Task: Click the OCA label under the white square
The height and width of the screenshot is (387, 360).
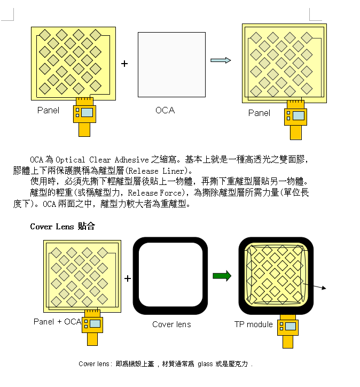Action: pos(165,110)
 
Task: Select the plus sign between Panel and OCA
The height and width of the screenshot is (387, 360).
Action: pos(124,64)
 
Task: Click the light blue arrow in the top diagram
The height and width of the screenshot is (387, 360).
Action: pos(221,60)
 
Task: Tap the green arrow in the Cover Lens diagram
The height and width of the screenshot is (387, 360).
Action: pos(222,276)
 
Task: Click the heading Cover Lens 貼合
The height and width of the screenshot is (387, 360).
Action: pos(62,227)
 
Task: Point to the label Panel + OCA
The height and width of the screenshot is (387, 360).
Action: pos(57,321)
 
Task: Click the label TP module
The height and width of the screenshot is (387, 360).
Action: pos(253,324)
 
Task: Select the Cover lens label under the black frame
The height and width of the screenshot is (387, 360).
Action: pos(171,324)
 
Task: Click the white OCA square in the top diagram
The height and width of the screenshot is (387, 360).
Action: pos(171,65)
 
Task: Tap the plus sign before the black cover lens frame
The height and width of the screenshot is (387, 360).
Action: pos(128,278)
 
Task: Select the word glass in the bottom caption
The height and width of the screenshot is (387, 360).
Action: pos(205,364)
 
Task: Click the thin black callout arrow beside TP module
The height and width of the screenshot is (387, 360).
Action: pos(317,288)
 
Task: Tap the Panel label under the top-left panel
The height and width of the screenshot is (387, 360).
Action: pos(48,110)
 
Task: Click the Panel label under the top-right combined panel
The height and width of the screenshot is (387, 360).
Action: pos(259,113)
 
